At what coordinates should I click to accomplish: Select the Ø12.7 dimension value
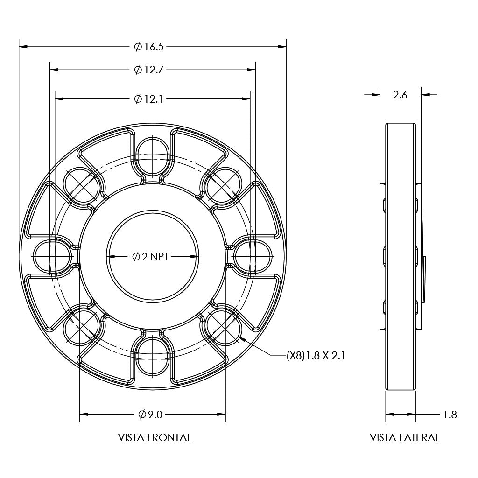pyautogui.click(x=148, y=70)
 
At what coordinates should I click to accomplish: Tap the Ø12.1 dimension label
pyautogui.click(x=148, y=99)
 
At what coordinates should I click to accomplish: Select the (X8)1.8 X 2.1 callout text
pyautogui.click(x=315, y=356)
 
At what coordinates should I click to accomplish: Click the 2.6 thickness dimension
pyautogui.click(x=400, y=95)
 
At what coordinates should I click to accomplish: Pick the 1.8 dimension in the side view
pyautogui.click(x=450, y=414)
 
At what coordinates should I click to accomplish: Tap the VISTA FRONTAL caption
pyautogui.click(x=155, y=438)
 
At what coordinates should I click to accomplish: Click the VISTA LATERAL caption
pyautogui.click(x=405, y=438)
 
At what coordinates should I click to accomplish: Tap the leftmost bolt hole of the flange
pyautogui.click(x=52, y=256)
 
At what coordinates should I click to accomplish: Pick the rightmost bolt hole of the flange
pyautogui.click(x=253, y=256)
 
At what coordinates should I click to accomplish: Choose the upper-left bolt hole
pyautogui.click(x=82, y=185)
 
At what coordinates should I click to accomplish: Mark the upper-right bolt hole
pyautogui.click(x=223, y=185)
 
